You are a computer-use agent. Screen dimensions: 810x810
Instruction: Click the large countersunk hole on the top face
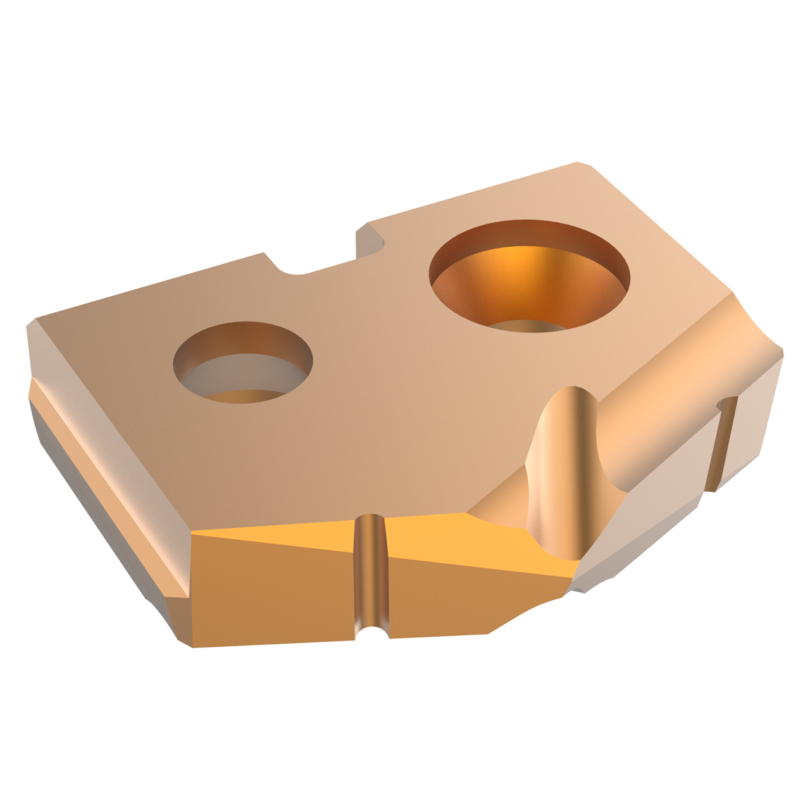tap(529, 276)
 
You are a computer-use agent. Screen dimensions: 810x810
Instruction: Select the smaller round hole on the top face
tap(243, 362)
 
